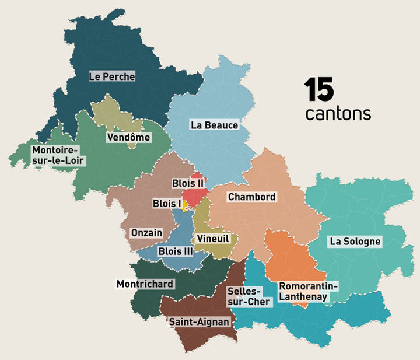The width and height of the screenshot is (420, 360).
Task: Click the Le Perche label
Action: click(112, 76)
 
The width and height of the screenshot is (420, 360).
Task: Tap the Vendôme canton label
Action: click(128, 138)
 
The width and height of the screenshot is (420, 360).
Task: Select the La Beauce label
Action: click(214, 125)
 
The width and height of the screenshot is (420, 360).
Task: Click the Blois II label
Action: click(187, 183)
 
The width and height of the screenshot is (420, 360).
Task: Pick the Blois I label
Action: click(167, 204)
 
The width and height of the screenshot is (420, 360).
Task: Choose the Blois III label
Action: click(176, 251)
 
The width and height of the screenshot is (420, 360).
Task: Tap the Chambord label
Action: click(251, 197)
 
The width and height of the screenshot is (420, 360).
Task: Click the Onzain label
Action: click(146, 232)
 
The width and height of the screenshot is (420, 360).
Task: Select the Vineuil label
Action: click(213, 239)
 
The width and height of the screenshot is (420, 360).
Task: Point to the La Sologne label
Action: click(355, 241)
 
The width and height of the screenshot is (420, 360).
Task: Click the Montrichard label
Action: click(145, 284)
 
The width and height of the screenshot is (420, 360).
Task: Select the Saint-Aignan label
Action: click(199, 321)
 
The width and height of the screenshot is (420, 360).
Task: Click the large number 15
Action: click(318, 90)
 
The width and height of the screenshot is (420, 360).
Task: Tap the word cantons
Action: click(338, 113)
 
